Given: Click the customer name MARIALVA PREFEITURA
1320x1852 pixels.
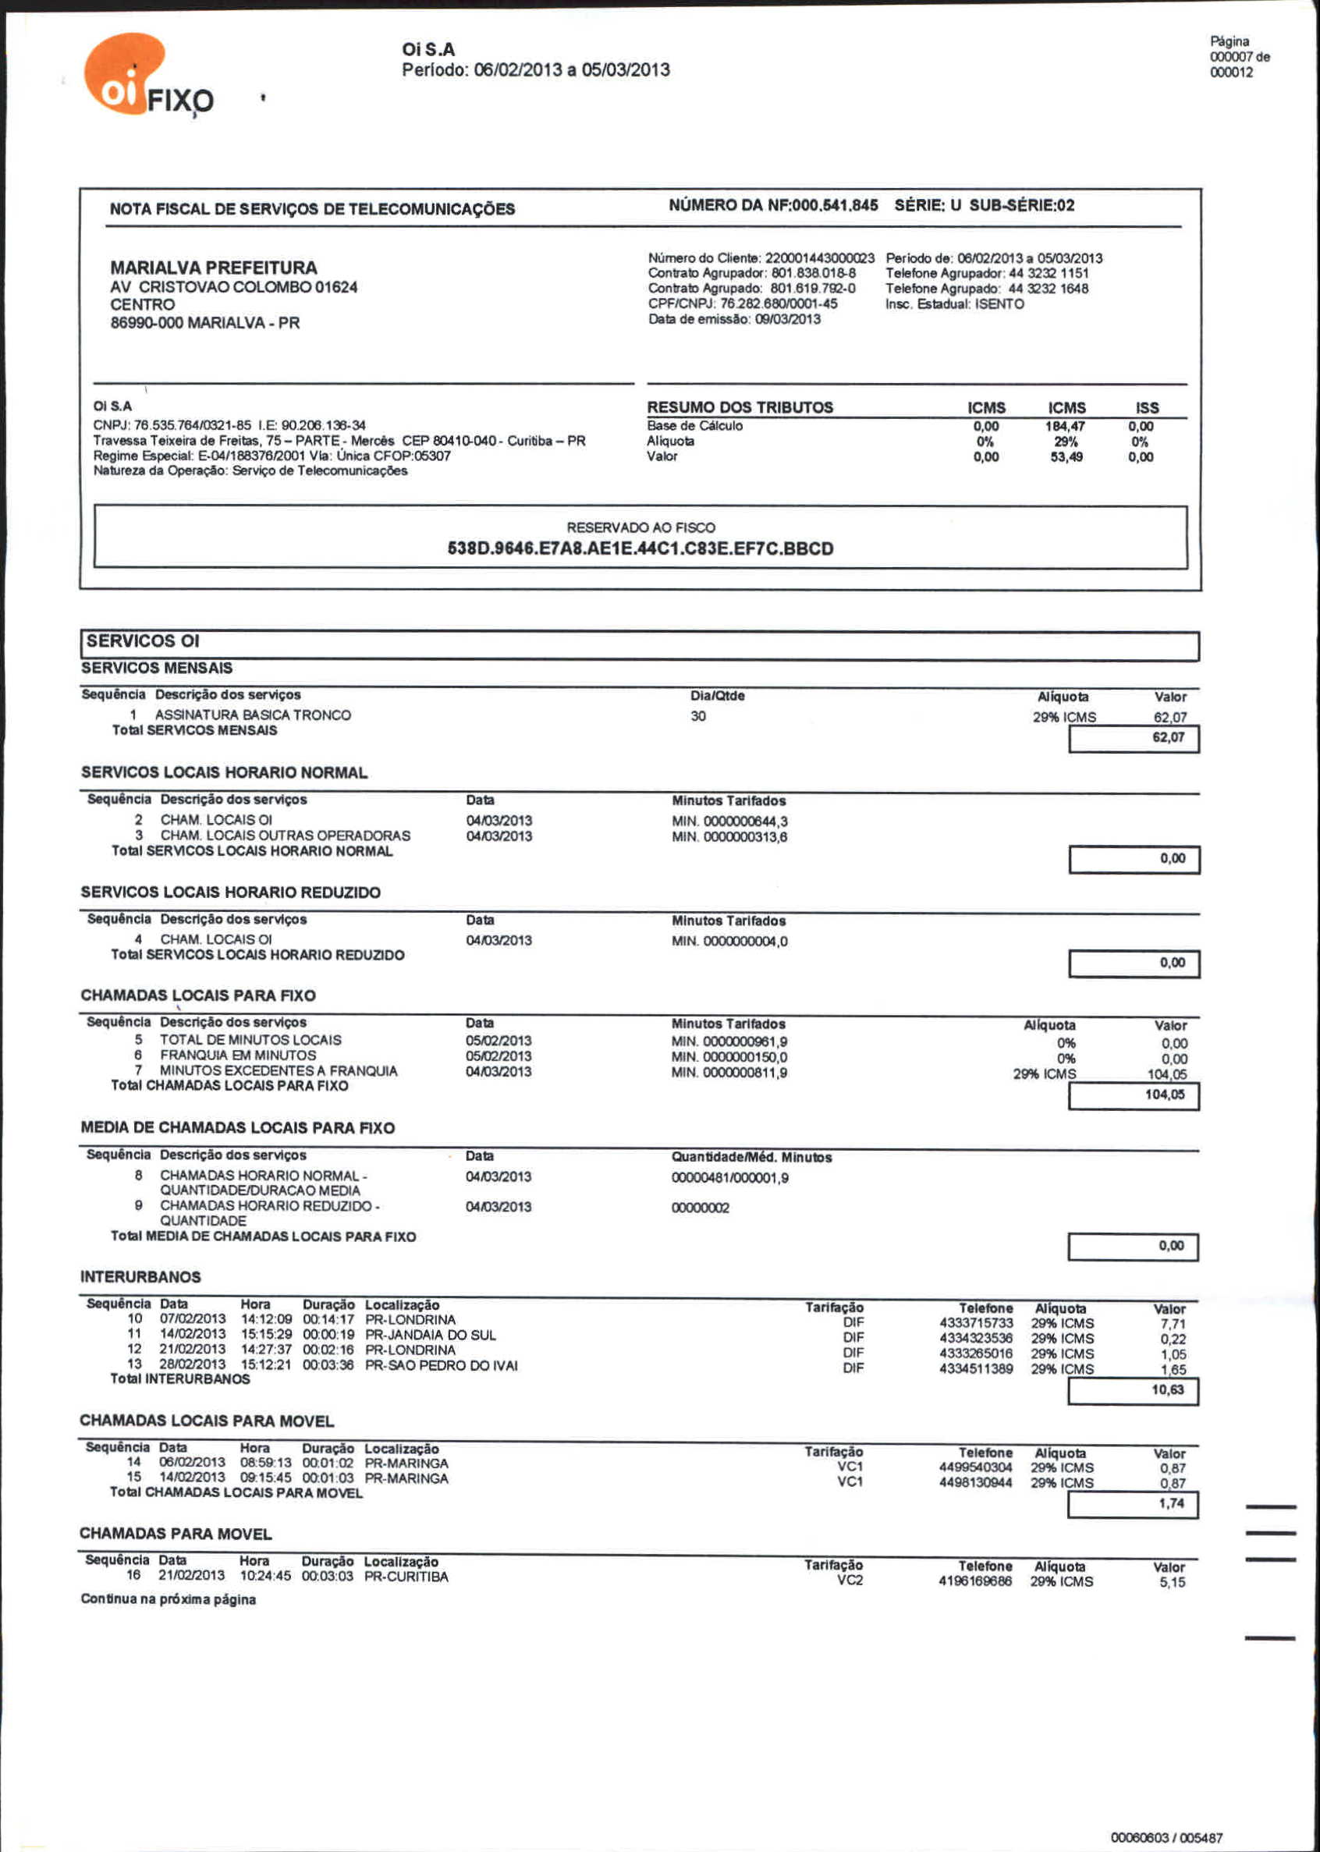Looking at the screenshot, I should pos(214,268).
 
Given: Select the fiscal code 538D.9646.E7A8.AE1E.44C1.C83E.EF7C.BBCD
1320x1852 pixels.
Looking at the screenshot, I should pos(640,548).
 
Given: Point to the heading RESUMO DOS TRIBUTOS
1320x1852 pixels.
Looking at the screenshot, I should pos(740,407).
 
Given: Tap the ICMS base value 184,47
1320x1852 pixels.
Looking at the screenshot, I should pos(1065,426).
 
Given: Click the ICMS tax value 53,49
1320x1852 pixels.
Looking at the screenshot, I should pos(1066,456).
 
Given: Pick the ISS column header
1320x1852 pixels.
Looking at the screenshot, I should pos(1147,407).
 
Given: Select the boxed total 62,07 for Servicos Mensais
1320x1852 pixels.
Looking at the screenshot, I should pos(1168,737).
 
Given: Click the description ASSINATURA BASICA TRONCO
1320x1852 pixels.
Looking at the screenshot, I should pos(253,715).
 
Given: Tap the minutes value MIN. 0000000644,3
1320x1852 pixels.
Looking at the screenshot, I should pos(729,821).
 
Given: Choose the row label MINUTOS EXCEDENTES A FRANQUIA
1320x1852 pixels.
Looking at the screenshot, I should pos(278,1071).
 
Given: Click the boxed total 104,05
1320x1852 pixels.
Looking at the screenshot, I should pos(1165,1095).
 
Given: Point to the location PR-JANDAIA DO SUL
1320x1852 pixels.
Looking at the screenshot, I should pos(430,1334).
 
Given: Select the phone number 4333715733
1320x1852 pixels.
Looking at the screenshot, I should pos(975,1323).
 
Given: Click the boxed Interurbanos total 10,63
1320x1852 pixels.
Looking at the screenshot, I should pos(1167,1389).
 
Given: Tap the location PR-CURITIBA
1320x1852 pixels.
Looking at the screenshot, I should pos(406,1577).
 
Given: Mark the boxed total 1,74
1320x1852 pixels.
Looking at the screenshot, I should pos(1171,1503).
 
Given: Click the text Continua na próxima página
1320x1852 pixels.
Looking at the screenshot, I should pos(169,1599).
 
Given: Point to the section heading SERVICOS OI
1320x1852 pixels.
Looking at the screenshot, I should pos(143,641).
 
